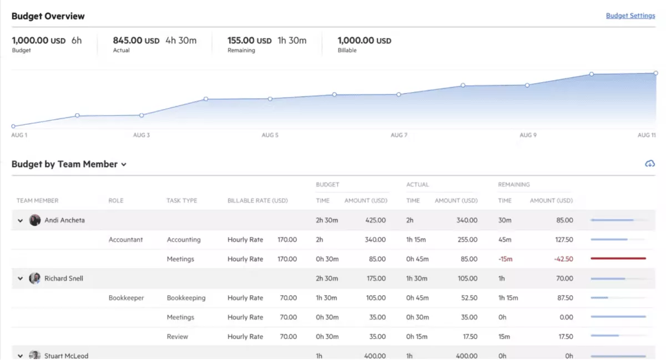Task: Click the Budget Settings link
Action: point(630,16)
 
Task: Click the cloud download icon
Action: point(650,164)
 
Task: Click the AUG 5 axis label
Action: point(270,135)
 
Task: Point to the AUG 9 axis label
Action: point(528,135)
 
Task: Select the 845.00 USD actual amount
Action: point(136,40)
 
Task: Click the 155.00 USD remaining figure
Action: point(250,40)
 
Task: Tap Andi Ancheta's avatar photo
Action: point(35,220)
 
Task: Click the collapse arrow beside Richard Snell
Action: point(21,278)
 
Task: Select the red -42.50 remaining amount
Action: point(563,259)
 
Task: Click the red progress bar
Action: point(618,258)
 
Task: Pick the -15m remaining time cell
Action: point(506,259)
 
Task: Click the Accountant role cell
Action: point(125,240)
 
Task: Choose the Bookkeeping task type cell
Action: point(186,298)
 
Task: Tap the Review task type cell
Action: point(177,337)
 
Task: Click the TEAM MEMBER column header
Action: point(37,200)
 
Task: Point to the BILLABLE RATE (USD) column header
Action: point(258,200)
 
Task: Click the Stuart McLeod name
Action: point(66,356)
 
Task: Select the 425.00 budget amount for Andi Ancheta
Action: point(375,220)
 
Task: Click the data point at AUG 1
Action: point(13,126)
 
